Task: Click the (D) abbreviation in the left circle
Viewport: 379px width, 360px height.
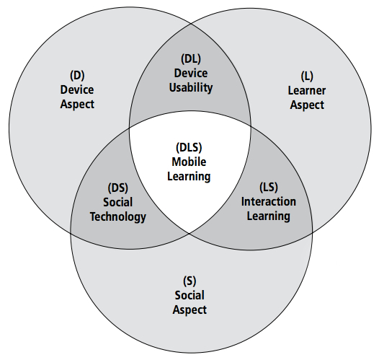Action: coord(77,76)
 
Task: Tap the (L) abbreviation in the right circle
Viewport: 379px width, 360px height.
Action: coord(307,76)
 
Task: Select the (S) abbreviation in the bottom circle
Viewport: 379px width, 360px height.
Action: coord(189,281)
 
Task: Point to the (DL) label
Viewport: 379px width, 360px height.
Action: coord(191,58)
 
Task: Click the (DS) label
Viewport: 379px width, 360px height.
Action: coord(118,188)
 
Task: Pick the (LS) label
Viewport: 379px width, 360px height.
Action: coord(269,187)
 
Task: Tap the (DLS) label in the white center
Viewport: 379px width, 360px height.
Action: coord(189,147)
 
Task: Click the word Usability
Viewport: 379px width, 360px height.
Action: coord(191,88)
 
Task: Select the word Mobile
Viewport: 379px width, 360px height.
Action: coord(189,162)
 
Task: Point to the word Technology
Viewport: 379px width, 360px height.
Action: coord(118,216)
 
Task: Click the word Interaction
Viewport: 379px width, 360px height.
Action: coord(269,201)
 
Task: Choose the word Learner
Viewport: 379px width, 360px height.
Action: coord(307,91)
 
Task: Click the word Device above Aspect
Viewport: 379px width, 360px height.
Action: coord(77,89)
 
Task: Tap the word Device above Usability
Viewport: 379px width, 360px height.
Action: coord(191,73)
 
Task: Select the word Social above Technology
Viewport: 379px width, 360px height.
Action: coord(118,202)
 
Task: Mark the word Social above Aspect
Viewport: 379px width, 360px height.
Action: coord(189,295)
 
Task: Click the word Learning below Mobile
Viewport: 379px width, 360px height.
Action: coord(189,176)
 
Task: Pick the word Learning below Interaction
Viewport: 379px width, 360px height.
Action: coord(268,216)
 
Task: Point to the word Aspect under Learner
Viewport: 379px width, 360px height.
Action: coord(307,105)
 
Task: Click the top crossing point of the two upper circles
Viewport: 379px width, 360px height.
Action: coord(191,24)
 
